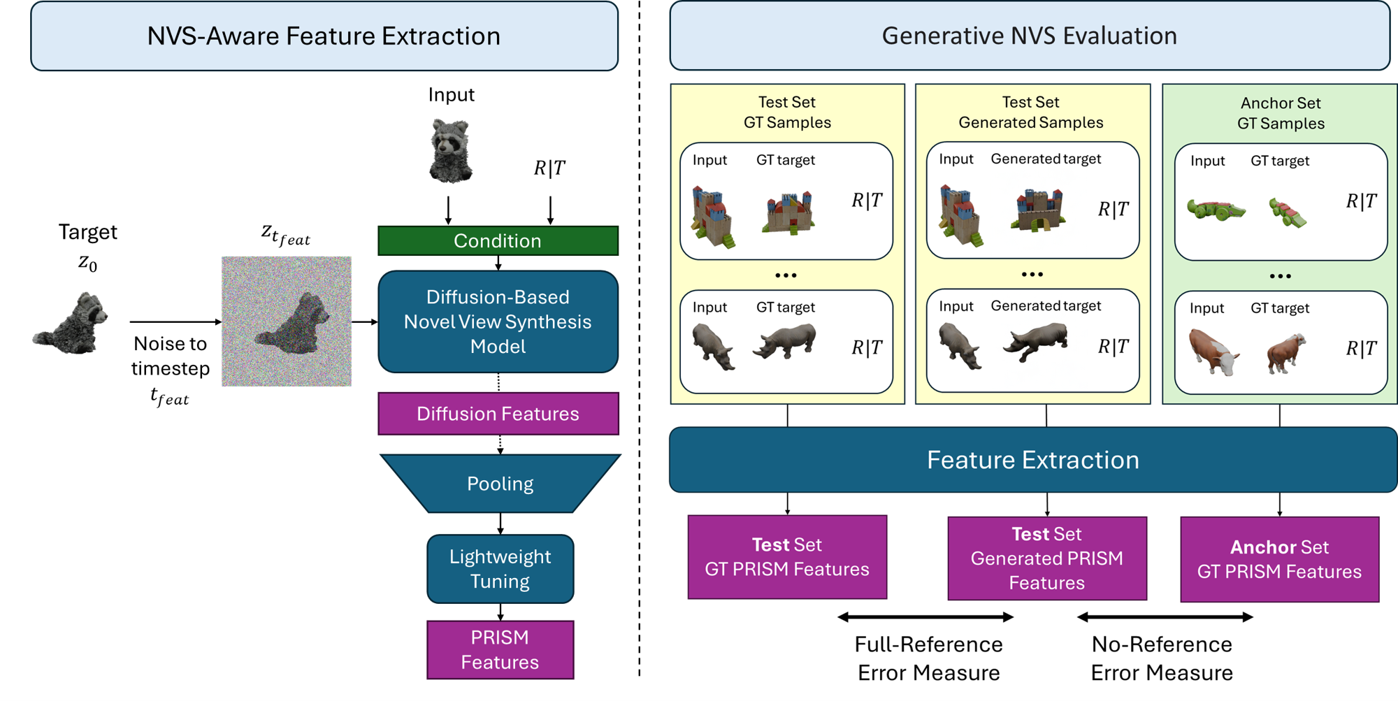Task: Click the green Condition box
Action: click(498, 240)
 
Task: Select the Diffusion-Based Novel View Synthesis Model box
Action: click(498, 321)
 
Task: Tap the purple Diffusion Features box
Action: click(498, 414)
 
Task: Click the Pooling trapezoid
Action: click(500, 484)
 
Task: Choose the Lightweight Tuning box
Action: click(500, 569)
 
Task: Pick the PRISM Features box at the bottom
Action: click(500, 650)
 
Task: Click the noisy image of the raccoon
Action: click(287, 321)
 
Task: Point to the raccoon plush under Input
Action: click(451, 150)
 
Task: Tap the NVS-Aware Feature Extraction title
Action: click(324, 36)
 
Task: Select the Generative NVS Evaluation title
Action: click(1029, 36)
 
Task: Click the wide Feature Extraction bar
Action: click(1032, 460)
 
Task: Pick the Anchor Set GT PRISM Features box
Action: click(1279, 559)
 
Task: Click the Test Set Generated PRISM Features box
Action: click(1046, 558)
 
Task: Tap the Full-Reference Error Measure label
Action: click(928, 658)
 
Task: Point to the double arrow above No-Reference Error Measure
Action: click(1165, 617)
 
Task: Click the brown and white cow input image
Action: click(1213, 353)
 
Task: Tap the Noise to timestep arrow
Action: click(175, 321)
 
